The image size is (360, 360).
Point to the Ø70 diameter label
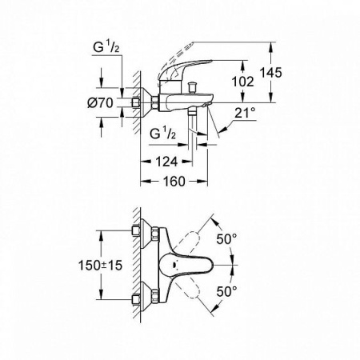(79, 102)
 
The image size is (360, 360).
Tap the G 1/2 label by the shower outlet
(162, 132)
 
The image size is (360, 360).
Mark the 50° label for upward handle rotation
(230, 239)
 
